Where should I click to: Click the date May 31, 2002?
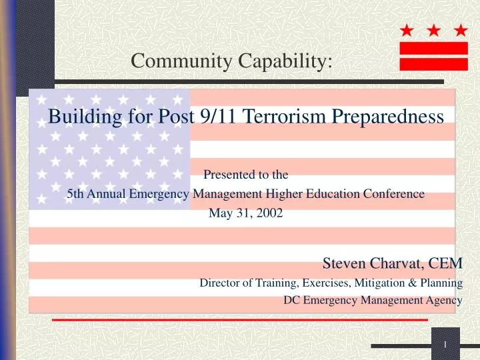pos(245,213)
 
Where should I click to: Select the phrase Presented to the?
pos(245,175)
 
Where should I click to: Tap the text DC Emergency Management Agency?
pos(373,300)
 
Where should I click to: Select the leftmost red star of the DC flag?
pos(407,31)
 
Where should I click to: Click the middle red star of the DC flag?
pos(433,31)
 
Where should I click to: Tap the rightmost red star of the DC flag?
pos(460,31)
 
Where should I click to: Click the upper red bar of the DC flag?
pos(433,48)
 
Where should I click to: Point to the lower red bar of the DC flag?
pos(433,64)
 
